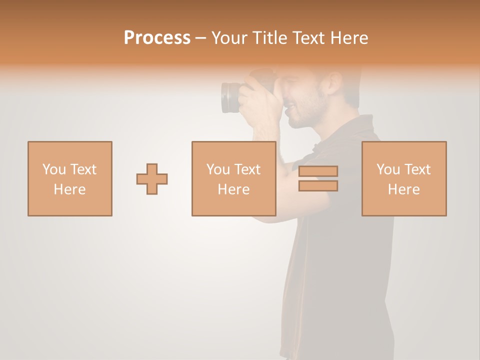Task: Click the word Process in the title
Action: [x=157, y=37]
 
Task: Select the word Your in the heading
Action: [x=230, y=38]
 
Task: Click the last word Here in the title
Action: [x=350, y=38]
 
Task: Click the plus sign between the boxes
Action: [x=152, y=179]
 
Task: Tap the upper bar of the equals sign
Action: [x=318, y=171]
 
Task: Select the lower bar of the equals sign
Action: [x=318, y=186]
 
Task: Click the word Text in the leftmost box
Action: [x=83, y=169]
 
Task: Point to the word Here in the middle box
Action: [x=234, y=189]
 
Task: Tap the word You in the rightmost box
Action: [x=388, y=169]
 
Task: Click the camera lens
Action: [x=230, y=97]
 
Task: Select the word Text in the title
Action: [x=311, y=38]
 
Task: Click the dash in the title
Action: [x=201, y=38]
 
